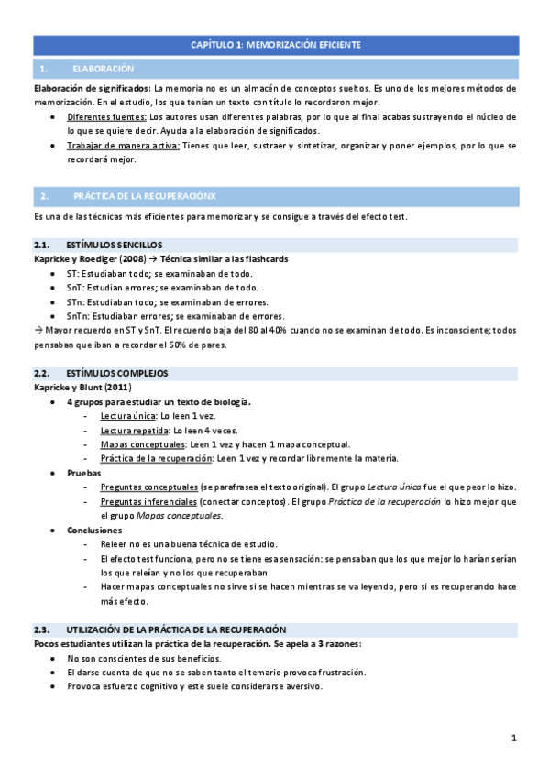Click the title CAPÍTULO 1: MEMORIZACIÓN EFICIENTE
pyautogui.click(x=275, y=44)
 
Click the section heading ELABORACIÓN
pyautogui.click(x=103, y=69)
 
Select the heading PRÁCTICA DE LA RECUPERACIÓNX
pyautogui.click(x=145, y=196)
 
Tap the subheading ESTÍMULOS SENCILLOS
pyautogui.click(x=115, y=246)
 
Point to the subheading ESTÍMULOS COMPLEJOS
pyautogui.click(x=116, y=374)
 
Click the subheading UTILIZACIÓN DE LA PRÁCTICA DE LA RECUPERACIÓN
pyautogui.click(x=176, y=629)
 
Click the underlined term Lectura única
pyautogui.click(x=127, y=416)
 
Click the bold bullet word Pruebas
pyautogui.click(x=83, y=473)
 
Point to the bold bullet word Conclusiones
pyautogui.click(x=93, y=530)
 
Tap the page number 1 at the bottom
pyautogui.click(x=514, y=739)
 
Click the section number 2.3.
pyautogui.click(x=41, y=629)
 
